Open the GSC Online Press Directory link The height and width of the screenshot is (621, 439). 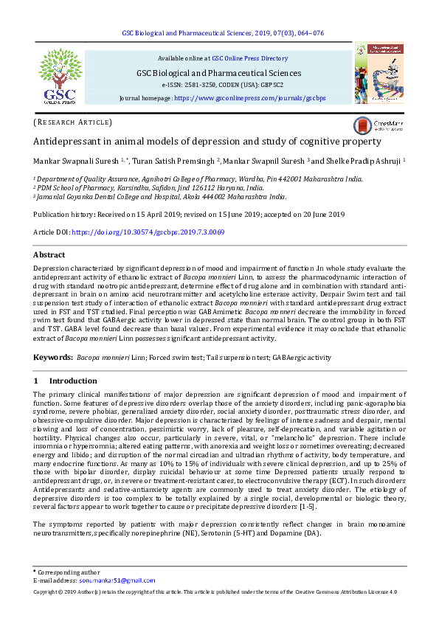click(250, 58)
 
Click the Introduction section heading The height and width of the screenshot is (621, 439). click(72, 381)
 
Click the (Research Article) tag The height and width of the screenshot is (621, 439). click(73, 122)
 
